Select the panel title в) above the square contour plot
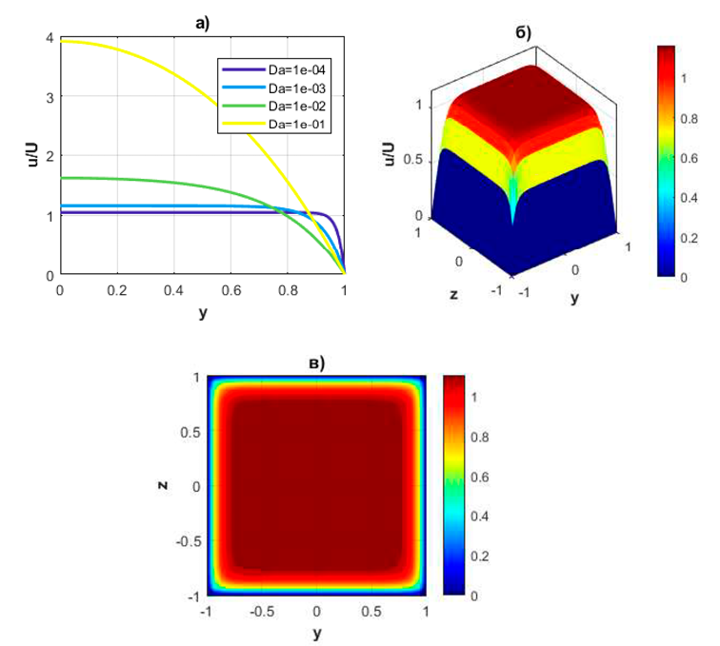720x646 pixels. pyautogui.click(x=317, y=362)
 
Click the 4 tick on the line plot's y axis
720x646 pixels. pyautogui.click(x=47, y=37)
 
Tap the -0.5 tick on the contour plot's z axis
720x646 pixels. pyautogui.click(x=187, y=540)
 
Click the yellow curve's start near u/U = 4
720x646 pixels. pyautogui.click(x=62, y=41)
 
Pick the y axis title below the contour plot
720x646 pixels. pyautogui.click(x=317, y=633)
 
